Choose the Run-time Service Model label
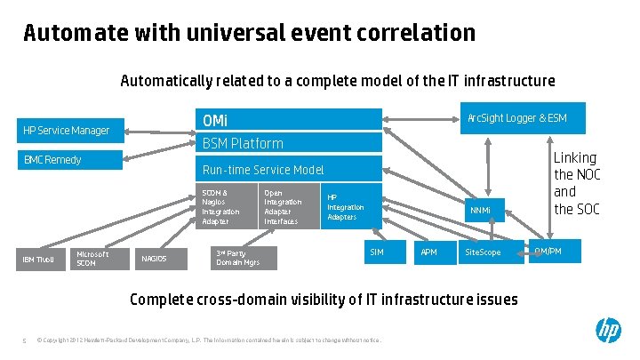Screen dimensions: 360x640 [x=263, y=170]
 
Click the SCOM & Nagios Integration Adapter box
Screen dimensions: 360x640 [x=227, y=207]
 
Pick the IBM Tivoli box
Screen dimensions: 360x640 [x=38, y=260]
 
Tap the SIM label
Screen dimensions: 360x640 [x=376, y=253]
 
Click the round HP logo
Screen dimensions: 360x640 [x=608, y=332]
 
